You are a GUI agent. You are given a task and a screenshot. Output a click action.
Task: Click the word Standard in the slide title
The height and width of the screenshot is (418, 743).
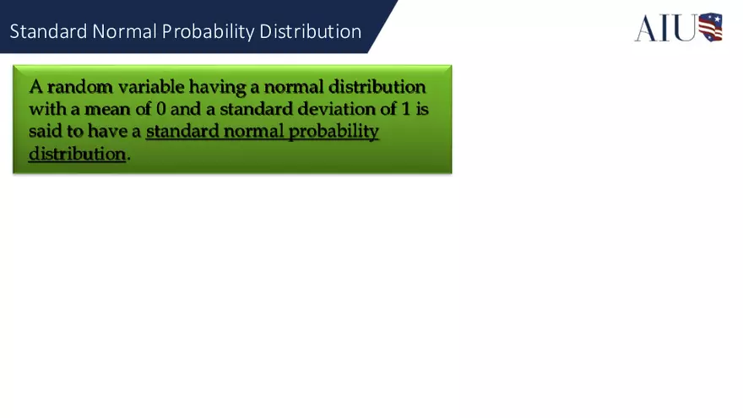click(x=47, y=32)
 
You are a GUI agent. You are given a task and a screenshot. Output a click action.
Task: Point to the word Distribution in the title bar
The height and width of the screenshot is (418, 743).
click(x=311, y=32)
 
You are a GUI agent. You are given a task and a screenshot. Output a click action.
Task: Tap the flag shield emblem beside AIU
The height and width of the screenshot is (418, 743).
click(x=710, y=27)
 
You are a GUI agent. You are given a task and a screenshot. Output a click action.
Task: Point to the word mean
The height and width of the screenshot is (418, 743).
click(x=102, y=109)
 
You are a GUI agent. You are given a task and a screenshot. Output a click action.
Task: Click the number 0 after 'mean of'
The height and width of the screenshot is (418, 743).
click(x=161, y=109)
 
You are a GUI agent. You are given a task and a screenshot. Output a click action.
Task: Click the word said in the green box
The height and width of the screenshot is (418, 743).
click(x=44, y=131)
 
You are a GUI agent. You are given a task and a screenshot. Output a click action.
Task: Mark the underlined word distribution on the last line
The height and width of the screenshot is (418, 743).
click(x=77, y=154)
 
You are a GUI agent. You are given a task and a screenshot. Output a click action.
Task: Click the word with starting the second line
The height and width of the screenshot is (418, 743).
click(x=45, y=109)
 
